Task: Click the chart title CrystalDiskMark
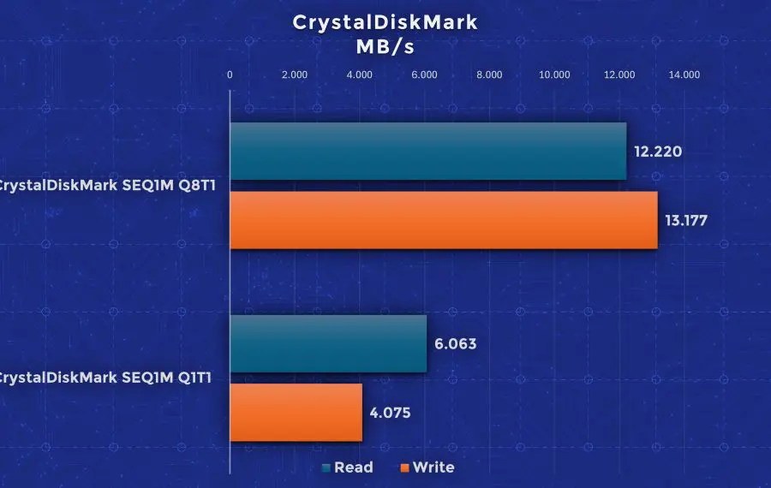(x=385, y=22)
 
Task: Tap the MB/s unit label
(x=385, y=47)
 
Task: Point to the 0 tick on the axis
(x=230, y=74)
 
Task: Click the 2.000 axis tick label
(x=295, y=74)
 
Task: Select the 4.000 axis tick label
(x=360, y=74)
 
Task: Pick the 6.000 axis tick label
(x=424, y=74)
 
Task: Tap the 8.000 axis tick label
(x=489, y=74)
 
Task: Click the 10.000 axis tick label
(x=554, y=74)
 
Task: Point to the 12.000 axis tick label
(x=619, y=74)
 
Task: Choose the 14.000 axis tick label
(x=684, y=74)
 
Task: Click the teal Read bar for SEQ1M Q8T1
(x=428, y=151)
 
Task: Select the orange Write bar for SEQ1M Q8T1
(x=444, y=220)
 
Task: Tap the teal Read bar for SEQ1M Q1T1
(x=328, y=343)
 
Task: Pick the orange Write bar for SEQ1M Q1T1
(x=296, y=413)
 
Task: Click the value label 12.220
(x=658, y=152)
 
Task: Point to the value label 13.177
(x=686, y=221)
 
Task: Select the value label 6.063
(x=456, y=344)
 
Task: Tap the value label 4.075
(x=390, y=413)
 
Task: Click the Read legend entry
(x=347, y=467)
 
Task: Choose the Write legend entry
(x=427, y=467)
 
